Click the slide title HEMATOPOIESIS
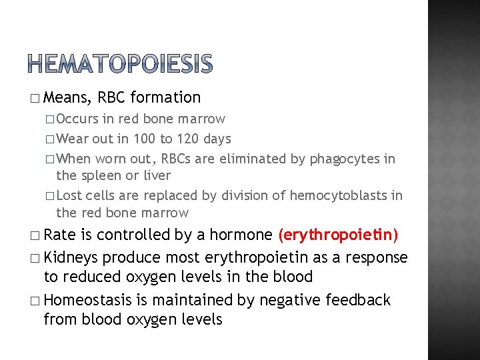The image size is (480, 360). [x=121, y=63]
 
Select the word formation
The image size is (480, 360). [x=165, y=98]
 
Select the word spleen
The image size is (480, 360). [x=103, y=176]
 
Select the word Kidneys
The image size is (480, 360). [x=73, y=257]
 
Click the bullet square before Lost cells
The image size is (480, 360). [x=51, y=196]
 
